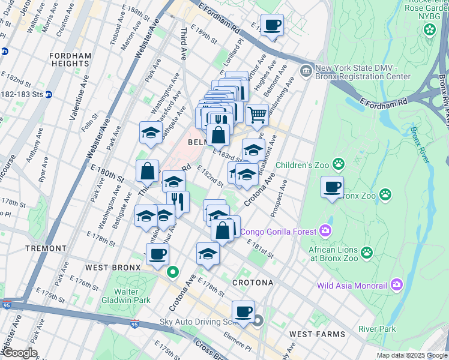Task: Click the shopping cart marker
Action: [257, 114]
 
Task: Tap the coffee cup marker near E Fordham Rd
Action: [272, 25]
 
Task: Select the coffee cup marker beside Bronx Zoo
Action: [332, 187]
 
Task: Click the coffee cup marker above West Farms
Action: [243, 311]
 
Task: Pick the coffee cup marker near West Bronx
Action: [157, 254]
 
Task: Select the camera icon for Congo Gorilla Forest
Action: [325, 230]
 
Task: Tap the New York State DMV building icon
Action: [306, 71]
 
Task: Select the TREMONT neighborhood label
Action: [46, 248]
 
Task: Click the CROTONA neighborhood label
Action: [253, 282]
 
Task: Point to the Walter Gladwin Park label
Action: [131, 296]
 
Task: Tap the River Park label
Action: [376, 329]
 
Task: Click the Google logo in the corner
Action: [19, 353]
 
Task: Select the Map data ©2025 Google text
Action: [411, 355]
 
